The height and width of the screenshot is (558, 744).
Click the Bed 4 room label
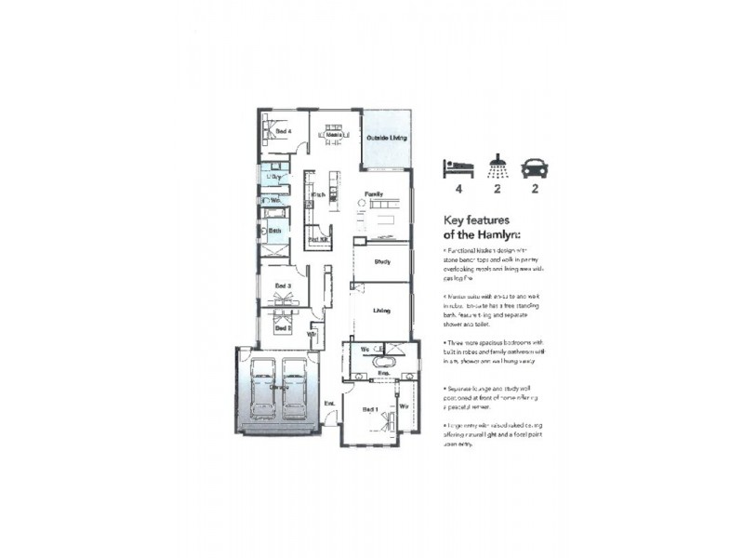284,132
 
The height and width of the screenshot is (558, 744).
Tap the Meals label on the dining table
333,135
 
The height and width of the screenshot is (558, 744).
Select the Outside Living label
385,138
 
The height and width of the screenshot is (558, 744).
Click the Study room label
381,262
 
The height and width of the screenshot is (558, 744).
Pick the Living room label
381,311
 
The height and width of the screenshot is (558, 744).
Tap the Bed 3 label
284,286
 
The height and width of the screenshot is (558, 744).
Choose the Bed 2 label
284,328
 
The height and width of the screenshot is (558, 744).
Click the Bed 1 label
369,409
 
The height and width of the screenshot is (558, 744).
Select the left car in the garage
264,389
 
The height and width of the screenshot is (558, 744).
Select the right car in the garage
296,389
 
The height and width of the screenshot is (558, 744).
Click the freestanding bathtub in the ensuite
383,361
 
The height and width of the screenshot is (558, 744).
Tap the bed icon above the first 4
458,168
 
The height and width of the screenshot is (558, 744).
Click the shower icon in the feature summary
498,166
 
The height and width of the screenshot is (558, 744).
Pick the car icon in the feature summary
535,168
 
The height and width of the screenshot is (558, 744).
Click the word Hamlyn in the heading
498,235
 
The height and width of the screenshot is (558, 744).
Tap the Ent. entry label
328,402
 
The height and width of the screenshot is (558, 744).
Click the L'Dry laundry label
274,176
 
